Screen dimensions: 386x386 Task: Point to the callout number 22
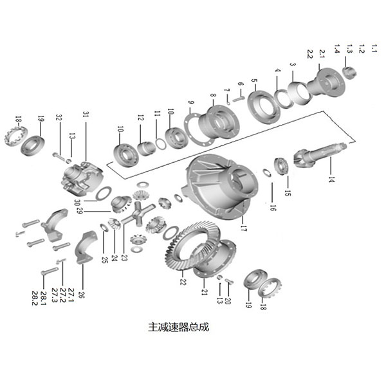[x=183, y=282]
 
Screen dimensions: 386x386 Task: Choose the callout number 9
[x=190, y=104]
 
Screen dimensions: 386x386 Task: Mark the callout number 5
[x=254, y=82]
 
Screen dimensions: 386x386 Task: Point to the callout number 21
[x=205, y=292]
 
